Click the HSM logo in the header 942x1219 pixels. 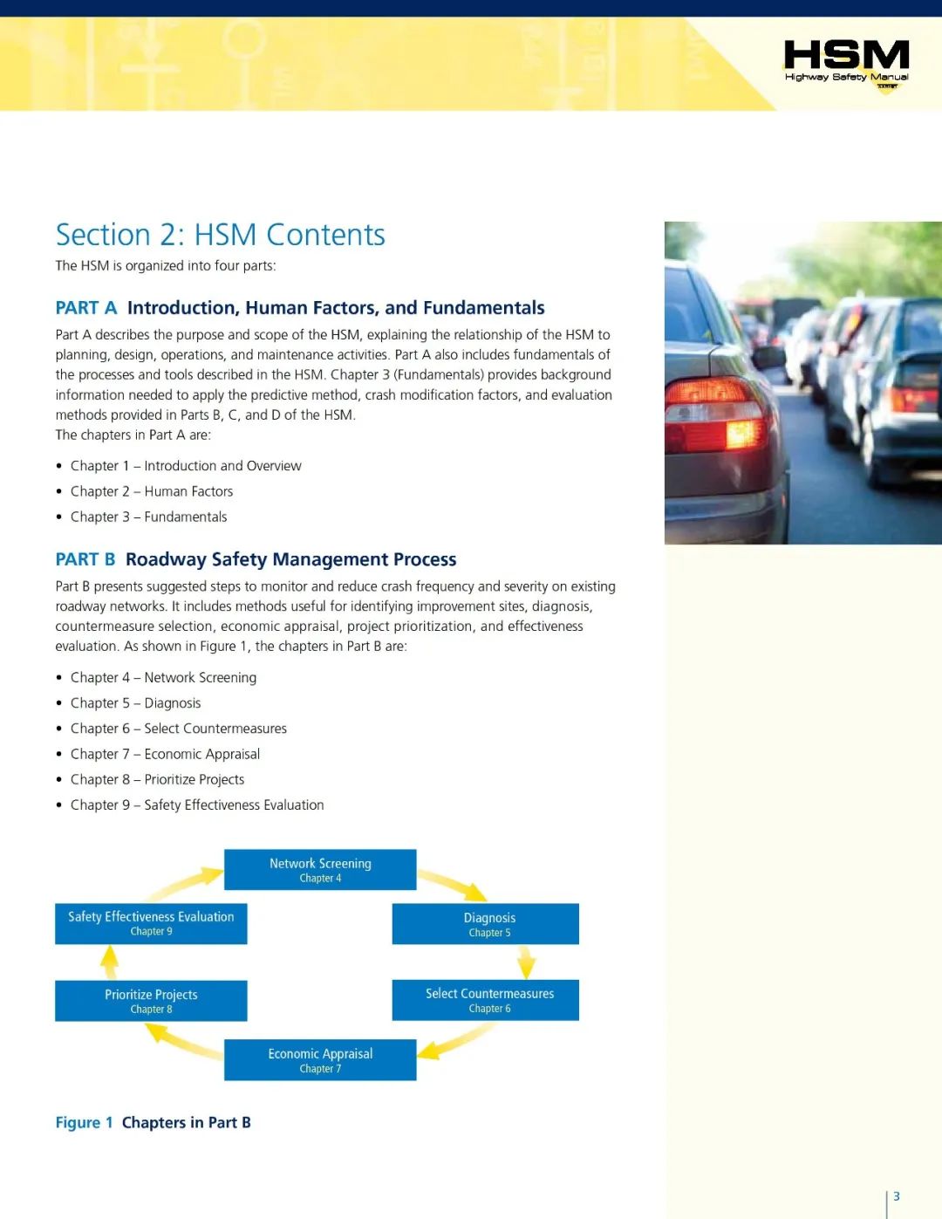(846, 63)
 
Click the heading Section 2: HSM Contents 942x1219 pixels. (220, 235)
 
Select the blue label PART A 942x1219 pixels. (85, 308)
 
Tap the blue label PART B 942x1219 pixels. (85, 559)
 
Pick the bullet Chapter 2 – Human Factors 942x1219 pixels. (152, 491)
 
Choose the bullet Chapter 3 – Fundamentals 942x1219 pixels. (148, 517)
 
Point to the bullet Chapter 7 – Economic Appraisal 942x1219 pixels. (165, 754)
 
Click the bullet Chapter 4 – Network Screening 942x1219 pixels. (163, 677)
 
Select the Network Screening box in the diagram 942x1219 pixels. (320, 869)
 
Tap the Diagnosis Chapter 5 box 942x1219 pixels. (486, 923)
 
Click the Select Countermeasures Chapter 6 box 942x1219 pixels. (486, 1000)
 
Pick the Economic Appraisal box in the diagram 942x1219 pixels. (320, 1059)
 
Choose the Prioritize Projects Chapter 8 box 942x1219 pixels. (151, 1001)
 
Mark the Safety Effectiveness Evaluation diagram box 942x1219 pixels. (151, 923)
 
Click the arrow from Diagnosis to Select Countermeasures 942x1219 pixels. (526, 962)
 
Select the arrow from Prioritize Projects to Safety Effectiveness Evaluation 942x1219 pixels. (110, 962)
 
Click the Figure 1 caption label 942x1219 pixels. (84, 1122)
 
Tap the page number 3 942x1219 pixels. (896, 1196)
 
